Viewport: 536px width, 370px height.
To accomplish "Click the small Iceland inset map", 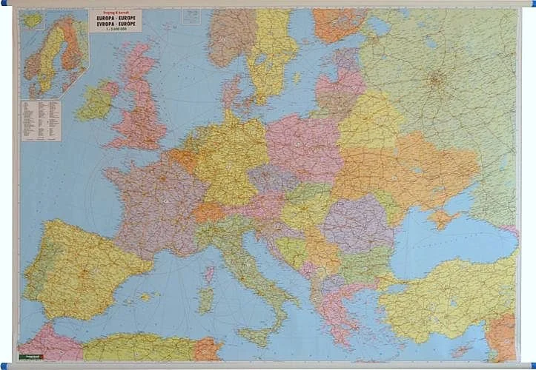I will tap(32, 20).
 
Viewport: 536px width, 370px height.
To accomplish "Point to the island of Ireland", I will tap(96, 102).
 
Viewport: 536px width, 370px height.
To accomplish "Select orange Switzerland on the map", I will tap(209, 212).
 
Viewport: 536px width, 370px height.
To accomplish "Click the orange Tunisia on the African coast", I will tap(207, 348).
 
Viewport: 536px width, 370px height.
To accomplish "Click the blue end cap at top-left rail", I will tap(4, 4).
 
